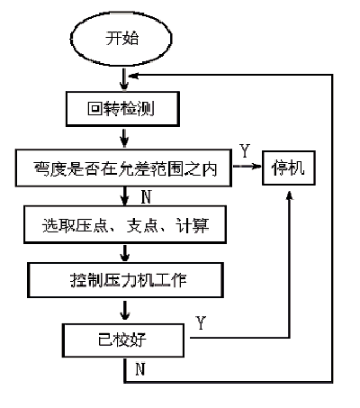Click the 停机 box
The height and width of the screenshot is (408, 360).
pyautogui.click(x=289, y=167)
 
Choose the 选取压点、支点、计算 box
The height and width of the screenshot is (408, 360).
pyautogui.click(x=123, y=225)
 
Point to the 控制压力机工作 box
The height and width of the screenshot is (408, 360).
pyautogui.click(x=123, y=280)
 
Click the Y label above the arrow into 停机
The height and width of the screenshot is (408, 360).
pyautogui.click(x=244, y=150)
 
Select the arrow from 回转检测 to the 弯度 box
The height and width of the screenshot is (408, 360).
pyautogui.click(x=123, y=138)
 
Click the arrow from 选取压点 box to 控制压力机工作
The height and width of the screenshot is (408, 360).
pyautogui.click(x=123, y=253)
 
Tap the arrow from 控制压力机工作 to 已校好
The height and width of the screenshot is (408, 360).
pyautogui.click(x=123, y=310)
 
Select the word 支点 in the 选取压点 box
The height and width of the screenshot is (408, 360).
pyautogui.click(x=141, y=225)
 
